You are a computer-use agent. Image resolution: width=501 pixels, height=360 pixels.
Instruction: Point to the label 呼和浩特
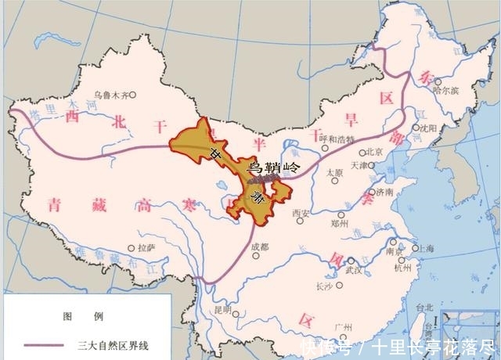337,139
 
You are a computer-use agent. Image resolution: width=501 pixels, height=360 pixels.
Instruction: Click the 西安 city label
301,213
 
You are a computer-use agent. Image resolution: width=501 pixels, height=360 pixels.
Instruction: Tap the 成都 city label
259,247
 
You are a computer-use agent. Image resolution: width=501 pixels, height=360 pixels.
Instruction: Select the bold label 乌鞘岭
273,167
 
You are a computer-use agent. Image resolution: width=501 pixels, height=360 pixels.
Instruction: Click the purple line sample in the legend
43,344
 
